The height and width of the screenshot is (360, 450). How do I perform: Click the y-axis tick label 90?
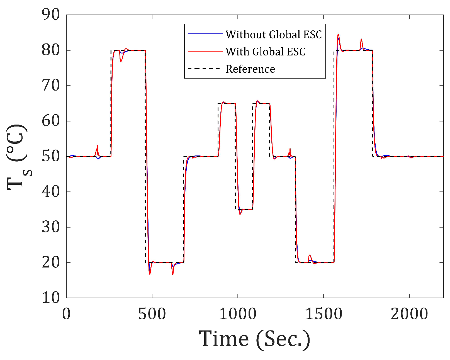pyautogui.click(x=51, y=14)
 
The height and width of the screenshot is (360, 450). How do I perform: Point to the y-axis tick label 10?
pyautogui.click(x=51, y=298)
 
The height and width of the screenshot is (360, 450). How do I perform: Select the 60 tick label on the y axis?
pyautogui.click(x=51, y=121)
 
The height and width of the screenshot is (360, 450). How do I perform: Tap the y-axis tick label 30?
pyautogui.click(x=51, y=227)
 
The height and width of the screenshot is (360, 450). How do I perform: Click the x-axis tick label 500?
pyautogui.click(x=152, y=314)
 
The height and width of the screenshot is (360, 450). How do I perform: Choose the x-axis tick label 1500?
pyautogui.click(x=323, y=314)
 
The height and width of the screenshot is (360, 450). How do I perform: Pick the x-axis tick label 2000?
pyautogui.click(x=409, y=314)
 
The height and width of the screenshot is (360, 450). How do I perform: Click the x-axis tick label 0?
pyautogui.click(x=66, y=314)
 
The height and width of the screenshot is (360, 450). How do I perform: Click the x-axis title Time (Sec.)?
pyautogui.click(x=254, y=339)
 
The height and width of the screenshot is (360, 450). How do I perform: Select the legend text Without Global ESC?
pyautogui.click(x=274, y=35)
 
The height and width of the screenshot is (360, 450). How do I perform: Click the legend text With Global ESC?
pyautogui.click(x=265, y=52)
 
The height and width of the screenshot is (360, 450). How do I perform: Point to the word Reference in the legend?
pyautogui.click(x=250, y=69)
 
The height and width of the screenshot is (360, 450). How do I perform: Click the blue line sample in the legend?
pyautogui.click(x=205, y=34)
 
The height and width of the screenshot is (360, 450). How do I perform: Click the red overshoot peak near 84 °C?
pyautogui.click(x=338, y=35)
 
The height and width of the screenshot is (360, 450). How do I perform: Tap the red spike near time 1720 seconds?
pyautogui.click(x=361, y=40)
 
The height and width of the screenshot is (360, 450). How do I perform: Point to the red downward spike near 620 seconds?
pyautogui.click(x=173, y=274)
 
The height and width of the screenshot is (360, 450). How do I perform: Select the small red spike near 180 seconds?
pyautogui.click(x=98, y=146)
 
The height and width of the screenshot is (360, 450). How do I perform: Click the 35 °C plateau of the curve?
pyautogui.click(x=247, y=209)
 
